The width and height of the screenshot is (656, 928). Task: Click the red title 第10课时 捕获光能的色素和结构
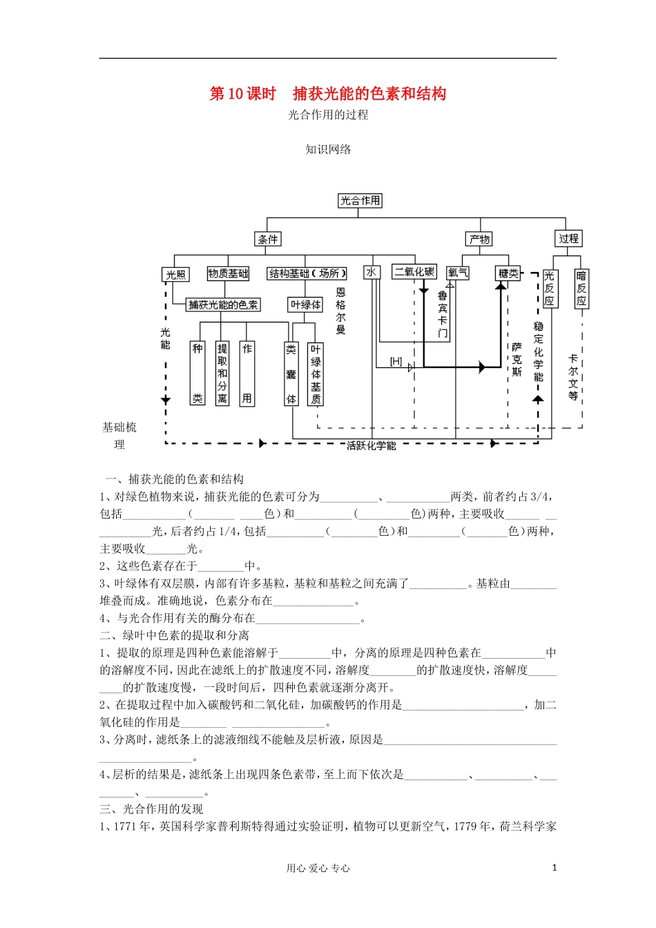pyautogui.click(x=328, y=94)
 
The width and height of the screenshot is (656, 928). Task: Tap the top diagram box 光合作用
pyautogui.click(x=360, y=200)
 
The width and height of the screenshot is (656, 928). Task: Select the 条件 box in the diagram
pyautogui.click(x=268, y=239)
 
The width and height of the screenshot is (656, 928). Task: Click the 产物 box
pyautogui.click(x=479, y=239)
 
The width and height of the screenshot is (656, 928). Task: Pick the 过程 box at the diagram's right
pyautogui.click(x=568, y=238)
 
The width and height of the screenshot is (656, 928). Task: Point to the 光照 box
pyautogui.click(x=176, y=274)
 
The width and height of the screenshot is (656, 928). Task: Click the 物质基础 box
pyautogui.click(x=228, y=273)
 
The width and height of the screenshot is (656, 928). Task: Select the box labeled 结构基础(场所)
pyautogui.click(x=307, y=273)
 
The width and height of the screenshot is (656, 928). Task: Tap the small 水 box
pyautogui.click(x=372, y=272)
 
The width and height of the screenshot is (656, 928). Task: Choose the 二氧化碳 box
pyautogui.click(x=414, y=271)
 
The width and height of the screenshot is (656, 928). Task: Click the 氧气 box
pyautogui.click(x=457, y=273)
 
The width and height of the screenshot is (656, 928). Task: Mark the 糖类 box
pyautogui.click(x=508, y=273)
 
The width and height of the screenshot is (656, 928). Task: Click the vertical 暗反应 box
pyautogui.click(x=581, y=289)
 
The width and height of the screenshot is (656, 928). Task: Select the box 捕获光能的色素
pyautogui.click(x=223, y=304)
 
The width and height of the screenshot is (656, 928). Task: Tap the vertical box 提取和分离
pyautogui.click(x=222, y=374)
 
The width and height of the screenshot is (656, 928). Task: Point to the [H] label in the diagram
pyautogui.click(x=396, y=361)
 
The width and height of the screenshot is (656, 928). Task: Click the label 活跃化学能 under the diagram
pyautogui.click(x=372, y=446)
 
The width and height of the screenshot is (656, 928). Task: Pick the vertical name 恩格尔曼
pyautogui.click(x=340, y=311)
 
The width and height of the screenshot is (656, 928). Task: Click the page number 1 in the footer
pyautogui.click(x=554, y=868)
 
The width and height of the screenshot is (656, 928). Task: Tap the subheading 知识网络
pyautogui.click(x=328, y=149)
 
